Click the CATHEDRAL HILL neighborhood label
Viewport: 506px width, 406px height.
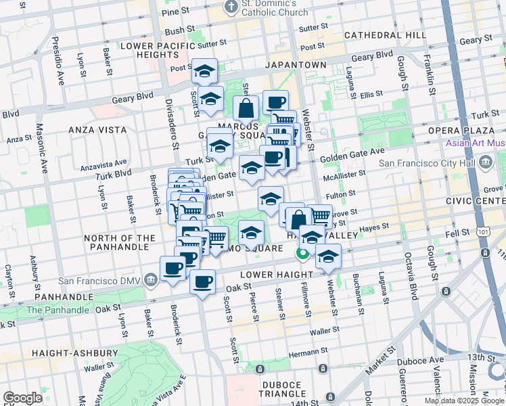[384, 35]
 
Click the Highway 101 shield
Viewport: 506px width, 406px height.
[485, 252]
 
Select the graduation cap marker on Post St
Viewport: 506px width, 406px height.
[204, 71]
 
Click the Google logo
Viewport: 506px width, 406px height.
[22, 397]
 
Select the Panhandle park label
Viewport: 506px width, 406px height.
[57, 310]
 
